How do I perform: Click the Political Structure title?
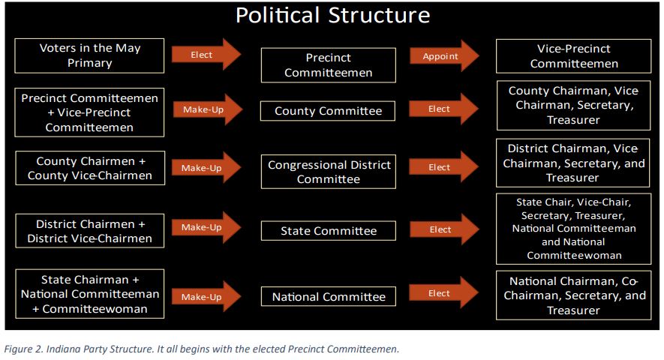pos(332,15)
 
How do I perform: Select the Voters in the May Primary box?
pos(89,55)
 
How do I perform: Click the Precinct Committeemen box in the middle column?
pos(328,65)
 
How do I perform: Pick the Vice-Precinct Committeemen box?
pos(574,55)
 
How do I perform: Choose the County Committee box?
pos(328,111)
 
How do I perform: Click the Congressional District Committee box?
pos(328,172)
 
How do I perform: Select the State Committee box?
pos(328,231)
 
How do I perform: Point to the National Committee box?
pos(328,297)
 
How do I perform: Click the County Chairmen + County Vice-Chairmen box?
pos(89,169)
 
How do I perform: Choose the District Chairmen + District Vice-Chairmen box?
pos(89,231)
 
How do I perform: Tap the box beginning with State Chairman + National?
pos(89,293)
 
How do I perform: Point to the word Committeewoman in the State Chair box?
pos(574,256)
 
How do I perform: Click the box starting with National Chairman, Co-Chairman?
pos(574,295)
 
